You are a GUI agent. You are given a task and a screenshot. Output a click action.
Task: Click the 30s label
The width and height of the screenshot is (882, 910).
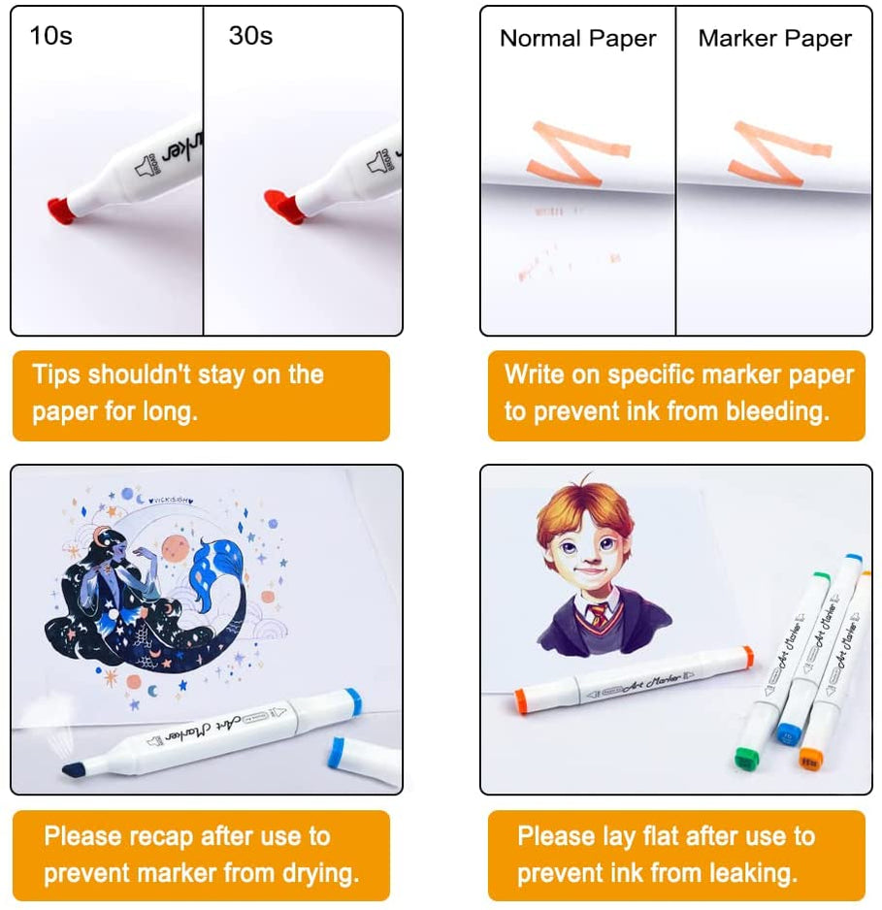tap(250, 37)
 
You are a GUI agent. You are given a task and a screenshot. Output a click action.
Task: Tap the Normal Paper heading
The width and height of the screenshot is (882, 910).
tap(577, 39)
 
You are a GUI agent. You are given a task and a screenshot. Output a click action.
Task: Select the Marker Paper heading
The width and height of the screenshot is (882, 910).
tap(774, 39)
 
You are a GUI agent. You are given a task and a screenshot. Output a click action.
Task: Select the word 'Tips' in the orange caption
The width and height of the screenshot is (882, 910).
tap(56, 375)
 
